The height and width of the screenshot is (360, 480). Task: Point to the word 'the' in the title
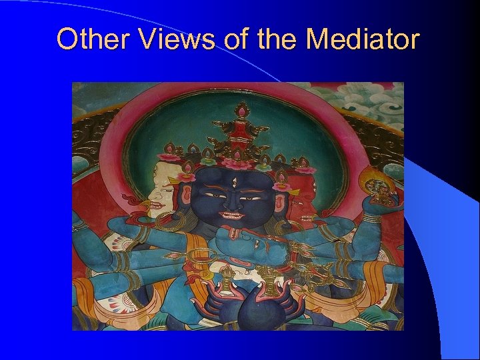coord(276,39)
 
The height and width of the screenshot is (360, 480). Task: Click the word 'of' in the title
coord(235,39)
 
